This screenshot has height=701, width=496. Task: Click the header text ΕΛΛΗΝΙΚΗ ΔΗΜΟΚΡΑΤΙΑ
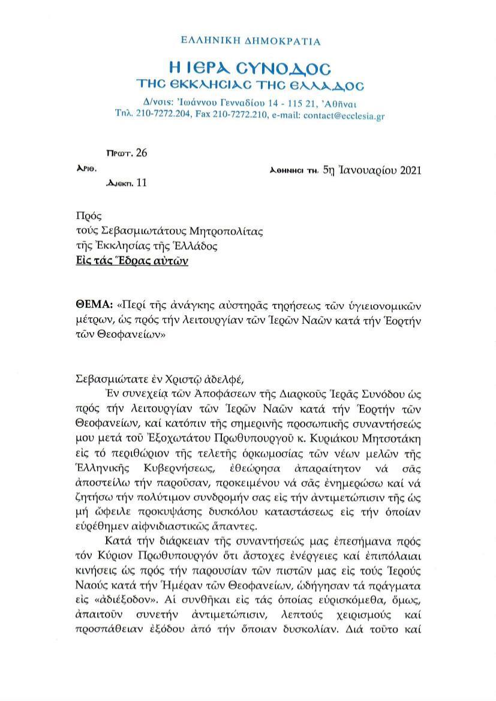point(250,41)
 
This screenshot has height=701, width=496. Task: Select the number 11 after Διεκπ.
point(141,183)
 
